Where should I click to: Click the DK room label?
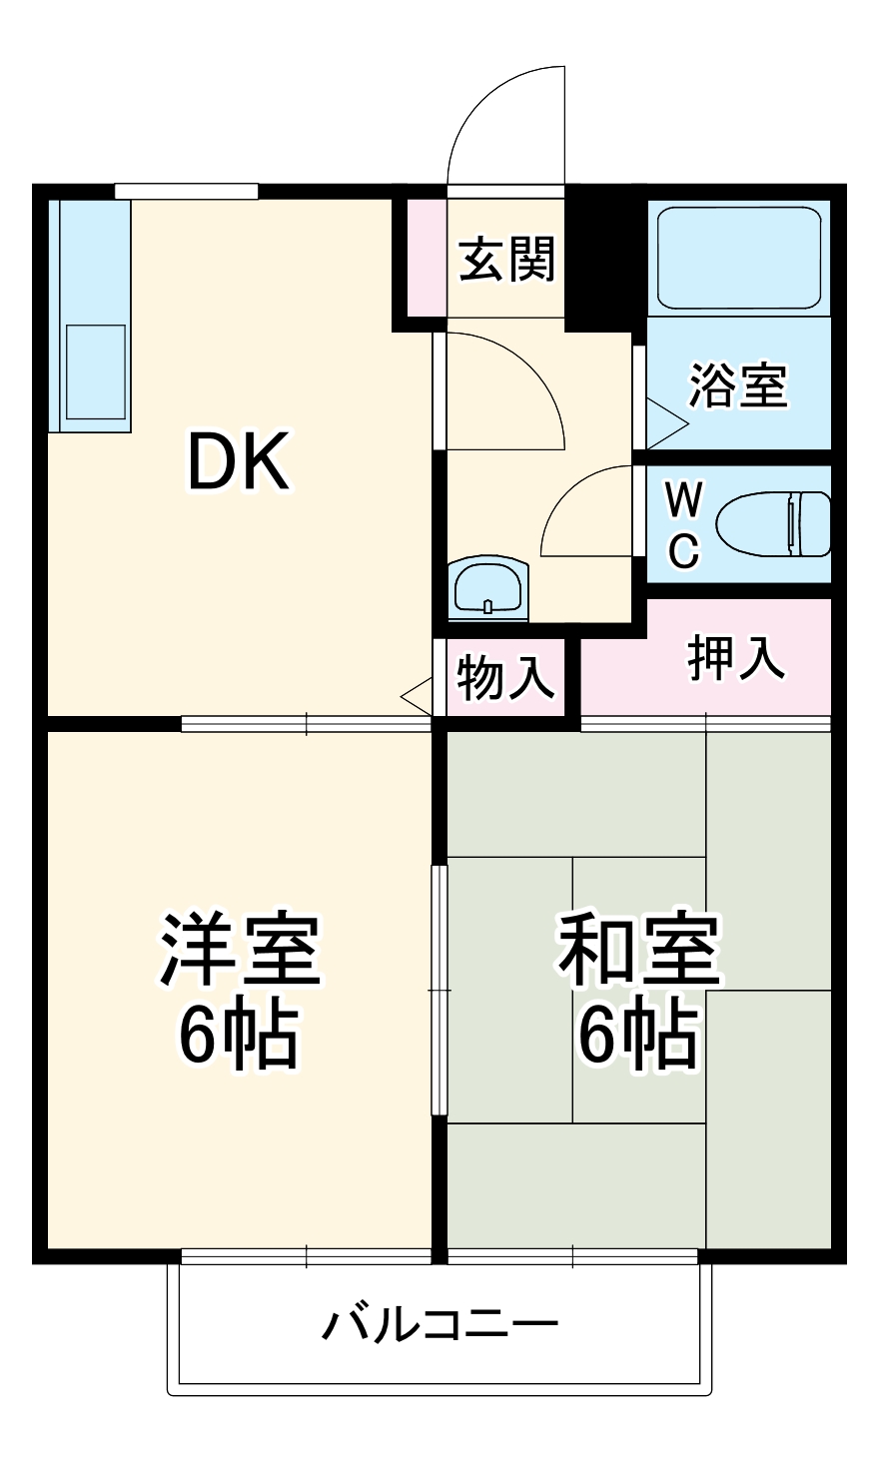click(239, 461)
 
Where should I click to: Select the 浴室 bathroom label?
click(739, 384)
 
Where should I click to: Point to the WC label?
click(682, 524)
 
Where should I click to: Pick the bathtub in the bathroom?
click(739, 257)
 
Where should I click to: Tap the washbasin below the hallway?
click(488, 588)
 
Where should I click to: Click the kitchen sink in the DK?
click(96, 370)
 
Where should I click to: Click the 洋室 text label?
click(240, 950)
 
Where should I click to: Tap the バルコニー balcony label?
click(439, 1325)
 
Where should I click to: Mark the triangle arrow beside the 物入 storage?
click(418, 695)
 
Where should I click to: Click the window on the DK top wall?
click(186, 191)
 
